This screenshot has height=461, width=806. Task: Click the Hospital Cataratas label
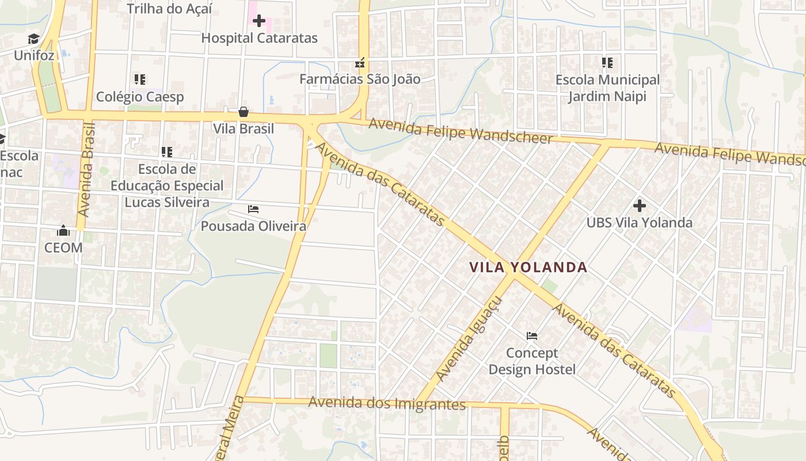[x=259, y=39]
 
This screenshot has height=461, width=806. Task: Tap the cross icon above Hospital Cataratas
[x=259, y=21]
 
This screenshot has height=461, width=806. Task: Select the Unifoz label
[x=34, y=56]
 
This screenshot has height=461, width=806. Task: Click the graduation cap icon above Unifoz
[x=34, y=39]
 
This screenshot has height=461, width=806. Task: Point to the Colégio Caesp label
[x=140, y=96]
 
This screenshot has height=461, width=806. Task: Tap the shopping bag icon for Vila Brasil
[x=244, y=112]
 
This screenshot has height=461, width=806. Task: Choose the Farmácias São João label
[x=360, y=80]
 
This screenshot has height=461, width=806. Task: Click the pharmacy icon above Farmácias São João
[x=360, y=63]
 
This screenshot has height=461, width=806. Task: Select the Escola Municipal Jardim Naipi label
[x=607, y=88]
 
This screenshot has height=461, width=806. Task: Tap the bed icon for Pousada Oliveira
[x=253, y=209]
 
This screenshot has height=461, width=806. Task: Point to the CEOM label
[x=63, y=248]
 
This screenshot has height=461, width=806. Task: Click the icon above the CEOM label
[x=63, y=231]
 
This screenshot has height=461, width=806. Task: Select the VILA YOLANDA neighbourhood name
[x=528, y=267]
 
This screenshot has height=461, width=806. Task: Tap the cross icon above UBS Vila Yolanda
[x=639, y=205]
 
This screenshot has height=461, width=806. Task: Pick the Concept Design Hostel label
[x=532, y=361]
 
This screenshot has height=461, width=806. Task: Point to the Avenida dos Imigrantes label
[x=387, y=403]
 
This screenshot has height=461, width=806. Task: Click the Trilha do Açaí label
[x=169, y=9]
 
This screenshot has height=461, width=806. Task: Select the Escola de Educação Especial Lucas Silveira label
[x=167, y=186]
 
